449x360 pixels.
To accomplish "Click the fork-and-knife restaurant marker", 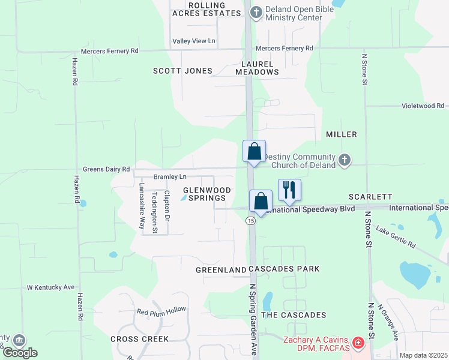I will [x=289, y=190].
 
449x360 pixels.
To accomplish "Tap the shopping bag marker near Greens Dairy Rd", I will [x=254, y=151].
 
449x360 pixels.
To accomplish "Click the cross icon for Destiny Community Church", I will [x=344, y=160].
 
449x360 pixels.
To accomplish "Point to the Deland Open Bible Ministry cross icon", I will [x=256, y=12].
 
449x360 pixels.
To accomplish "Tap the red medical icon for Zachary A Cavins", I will [x=358, y=343].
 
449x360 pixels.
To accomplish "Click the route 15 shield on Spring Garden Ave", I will [x=250, y=221].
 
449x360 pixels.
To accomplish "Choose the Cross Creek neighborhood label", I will [x=140, y=339].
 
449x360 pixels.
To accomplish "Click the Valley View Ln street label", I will [x=194, y=41].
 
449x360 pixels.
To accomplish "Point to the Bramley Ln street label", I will [x=170, y=177].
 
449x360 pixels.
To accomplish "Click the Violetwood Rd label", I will [x=423, y=106].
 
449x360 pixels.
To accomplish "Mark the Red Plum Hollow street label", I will [x=161, y=311].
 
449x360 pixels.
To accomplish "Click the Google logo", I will [x=20, y=353].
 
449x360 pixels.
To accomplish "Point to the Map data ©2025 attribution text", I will [x=423, y=356].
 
